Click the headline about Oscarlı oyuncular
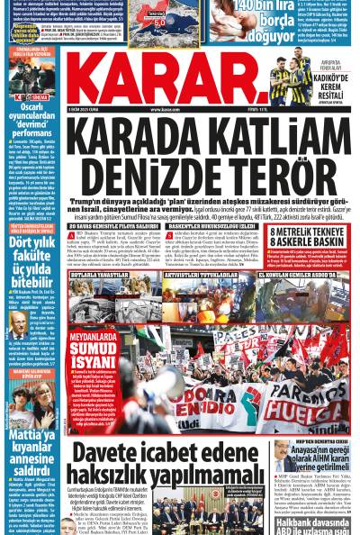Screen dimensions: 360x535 [30, 125]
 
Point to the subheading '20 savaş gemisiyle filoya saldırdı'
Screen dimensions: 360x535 [109, 225]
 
